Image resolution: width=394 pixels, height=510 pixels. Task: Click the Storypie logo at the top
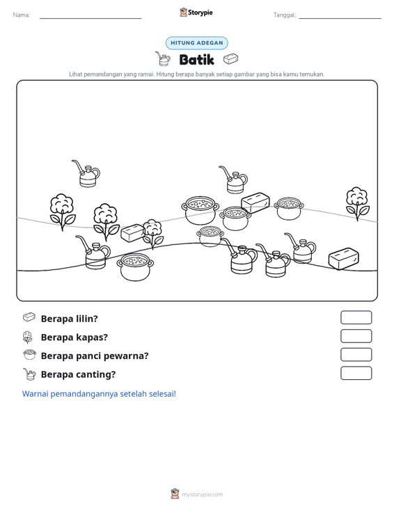point(196,13)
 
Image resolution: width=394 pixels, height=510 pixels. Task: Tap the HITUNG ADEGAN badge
point(197,43)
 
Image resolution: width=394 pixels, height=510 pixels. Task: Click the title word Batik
point(196,60)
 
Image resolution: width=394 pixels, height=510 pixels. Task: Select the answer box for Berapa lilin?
point(356,317)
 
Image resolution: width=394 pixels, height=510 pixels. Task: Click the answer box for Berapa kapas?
point(356,336)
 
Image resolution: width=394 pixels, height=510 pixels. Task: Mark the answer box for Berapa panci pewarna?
point(356,355)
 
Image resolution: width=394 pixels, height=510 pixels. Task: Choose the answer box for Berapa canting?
point(356,373)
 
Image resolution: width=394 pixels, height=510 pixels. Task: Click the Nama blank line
point(90,18)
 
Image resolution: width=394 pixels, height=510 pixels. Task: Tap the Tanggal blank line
point(340,18)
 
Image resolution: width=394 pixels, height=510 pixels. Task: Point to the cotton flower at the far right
point(358,204)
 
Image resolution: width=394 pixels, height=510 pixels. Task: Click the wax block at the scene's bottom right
point(344,259)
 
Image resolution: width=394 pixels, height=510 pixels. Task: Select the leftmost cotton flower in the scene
point(63,212)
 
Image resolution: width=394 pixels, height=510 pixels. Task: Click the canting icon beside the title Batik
point(163,59)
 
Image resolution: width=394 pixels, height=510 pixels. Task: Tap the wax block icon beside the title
point(230,59)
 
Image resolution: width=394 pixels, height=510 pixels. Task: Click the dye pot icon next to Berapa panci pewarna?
point(30,355)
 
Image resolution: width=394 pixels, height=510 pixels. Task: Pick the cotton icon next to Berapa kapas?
point(28,337)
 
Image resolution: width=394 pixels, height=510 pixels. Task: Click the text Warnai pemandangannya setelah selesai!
point(99,394)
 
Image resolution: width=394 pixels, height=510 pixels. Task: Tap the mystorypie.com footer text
point(202,495)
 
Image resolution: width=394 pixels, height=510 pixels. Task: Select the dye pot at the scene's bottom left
point(135,267)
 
